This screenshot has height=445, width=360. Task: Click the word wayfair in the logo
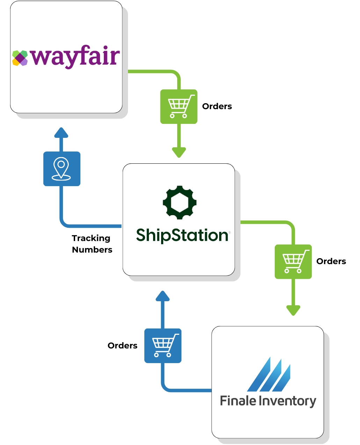[75, 57]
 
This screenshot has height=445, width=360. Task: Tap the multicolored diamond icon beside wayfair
[20, 58]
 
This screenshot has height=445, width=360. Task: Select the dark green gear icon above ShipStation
[180, 203]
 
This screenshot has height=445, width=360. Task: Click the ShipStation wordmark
[182, 235]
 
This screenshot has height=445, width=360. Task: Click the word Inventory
[287, 402]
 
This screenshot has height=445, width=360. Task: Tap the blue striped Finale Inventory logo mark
[269, 375]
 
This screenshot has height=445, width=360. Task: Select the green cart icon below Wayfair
[179, 106]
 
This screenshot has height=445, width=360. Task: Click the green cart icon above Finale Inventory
[293, 261]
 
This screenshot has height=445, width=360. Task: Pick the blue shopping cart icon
[163, 345]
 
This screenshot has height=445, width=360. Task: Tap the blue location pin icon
[62, 169]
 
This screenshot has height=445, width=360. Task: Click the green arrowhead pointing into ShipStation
[179, 153]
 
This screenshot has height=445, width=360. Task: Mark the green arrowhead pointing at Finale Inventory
[293, 310]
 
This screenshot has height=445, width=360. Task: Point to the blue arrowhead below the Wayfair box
[62, 133]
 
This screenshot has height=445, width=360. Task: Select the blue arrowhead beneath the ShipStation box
[163, 296]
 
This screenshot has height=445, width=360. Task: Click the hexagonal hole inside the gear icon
[180, 203]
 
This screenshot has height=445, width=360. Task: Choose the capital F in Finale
[224, 401]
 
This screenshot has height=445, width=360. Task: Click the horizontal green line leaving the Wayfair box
[150, 72]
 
